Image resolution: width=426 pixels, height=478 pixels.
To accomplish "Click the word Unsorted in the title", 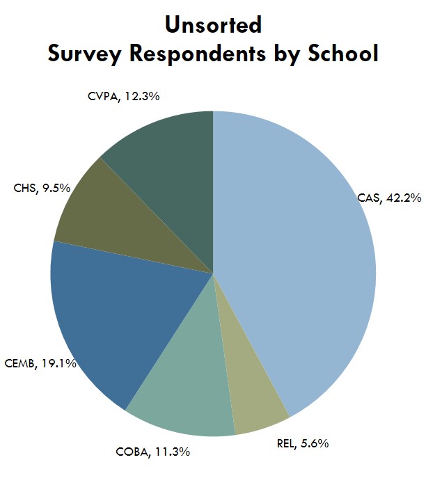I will tap(213, 26).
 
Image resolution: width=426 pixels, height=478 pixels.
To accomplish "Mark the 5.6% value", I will tap(314, 443).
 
